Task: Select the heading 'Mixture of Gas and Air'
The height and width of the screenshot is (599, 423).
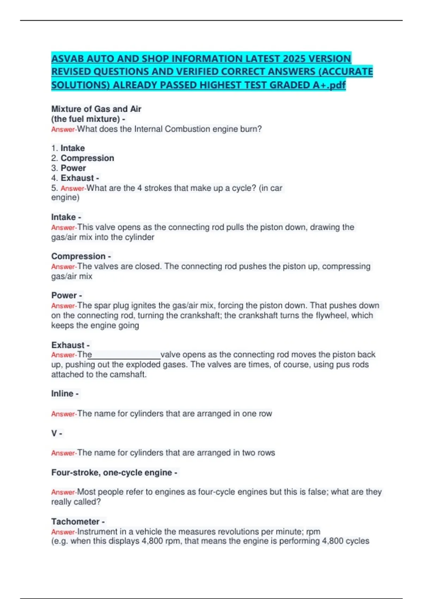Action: tap(96, 109)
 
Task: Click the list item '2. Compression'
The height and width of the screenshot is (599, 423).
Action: tap(83, 158)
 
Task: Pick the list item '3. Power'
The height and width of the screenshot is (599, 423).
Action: tap(69, 168)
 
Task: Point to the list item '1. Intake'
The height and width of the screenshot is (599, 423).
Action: tap(68, 148)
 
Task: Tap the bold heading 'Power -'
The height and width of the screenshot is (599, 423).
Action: tap(67, 295)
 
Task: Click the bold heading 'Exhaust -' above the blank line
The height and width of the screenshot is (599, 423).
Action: tap(70, 345)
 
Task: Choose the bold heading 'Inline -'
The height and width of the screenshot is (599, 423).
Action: tap(65, 394)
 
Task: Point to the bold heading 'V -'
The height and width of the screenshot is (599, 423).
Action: tap(57, 433)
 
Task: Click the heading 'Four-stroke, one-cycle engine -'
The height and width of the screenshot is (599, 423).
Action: tap(114, 473)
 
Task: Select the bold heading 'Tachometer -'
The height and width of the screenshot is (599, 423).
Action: tap(78, 521)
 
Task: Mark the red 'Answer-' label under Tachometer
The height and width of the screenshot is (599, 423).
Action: tap(64, 532)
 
